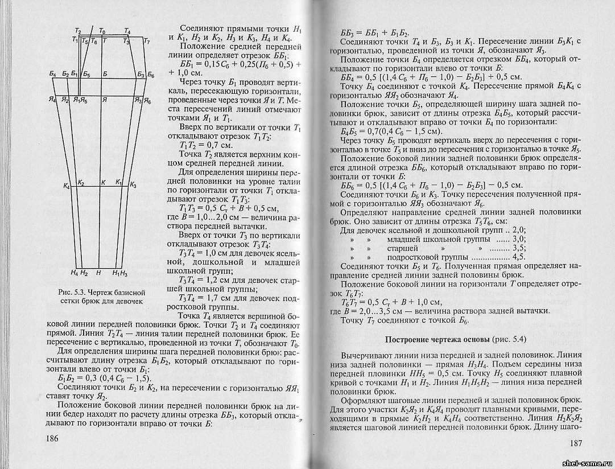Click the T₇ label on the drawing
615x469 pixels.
(146, 42)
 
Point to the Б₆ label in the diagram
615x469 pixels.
(150, 75)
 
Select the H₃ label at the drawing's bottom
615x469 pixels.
(123, 273)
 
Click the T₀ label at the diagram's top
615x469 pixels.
(102, 30)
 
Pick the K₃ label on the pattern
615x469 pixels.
(133, 185)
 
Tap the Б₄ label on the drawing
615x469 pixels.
(53, 75)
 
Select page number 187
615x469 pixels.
(577, 443)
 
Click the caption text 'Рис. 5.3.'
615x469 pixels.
(72, 292)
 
